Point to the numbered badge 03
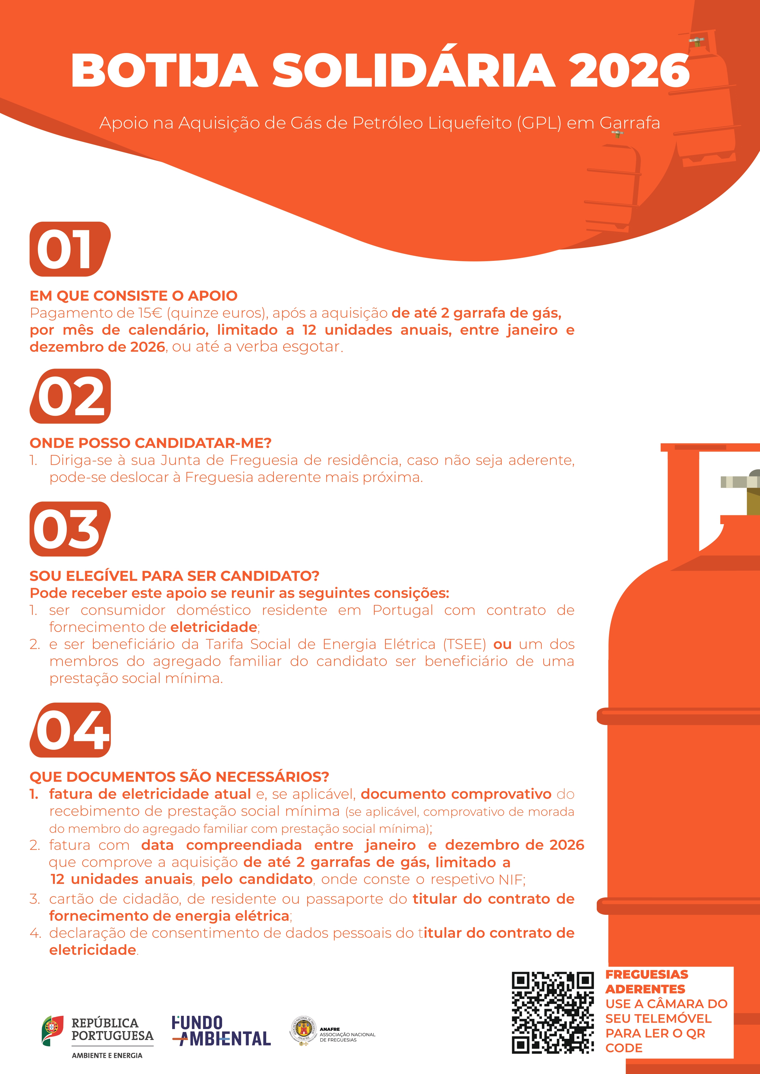tap(70, 529)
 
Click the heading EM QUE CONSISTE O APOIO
tap(133, 296)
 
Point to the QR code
tap(553, 1013)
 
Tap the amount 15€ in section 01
tap(150, 313)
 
